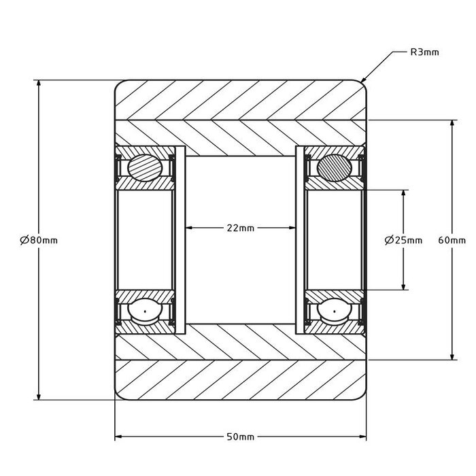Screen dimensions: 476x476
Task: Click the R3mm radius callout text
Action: click(x=425, y=52)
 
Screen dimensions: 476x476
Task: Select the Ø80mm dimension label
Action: click(x=39, y=240)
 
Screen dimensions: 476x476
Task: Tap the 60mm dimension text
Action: click(x=452, y=240)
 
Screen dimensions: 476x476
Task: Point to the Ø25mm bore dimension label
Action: click(x=403, y=240)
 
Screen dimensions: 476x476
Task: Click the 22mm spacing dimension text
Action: click(x=241, y=228)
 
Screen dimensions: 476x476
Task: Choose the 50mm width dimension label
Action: click(x=241, y=436)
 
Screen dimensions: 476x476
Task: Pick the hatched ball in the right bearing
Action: click(x=335, y=167)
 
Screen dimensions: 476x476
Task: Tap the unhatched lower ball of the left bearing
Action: click(x=145, y=311)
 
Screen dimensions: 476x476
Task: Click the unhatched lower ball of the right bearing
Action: click(x=335, y=311)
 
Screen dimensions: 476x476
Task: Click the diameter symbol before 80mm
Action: click(x=24, y=240)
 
